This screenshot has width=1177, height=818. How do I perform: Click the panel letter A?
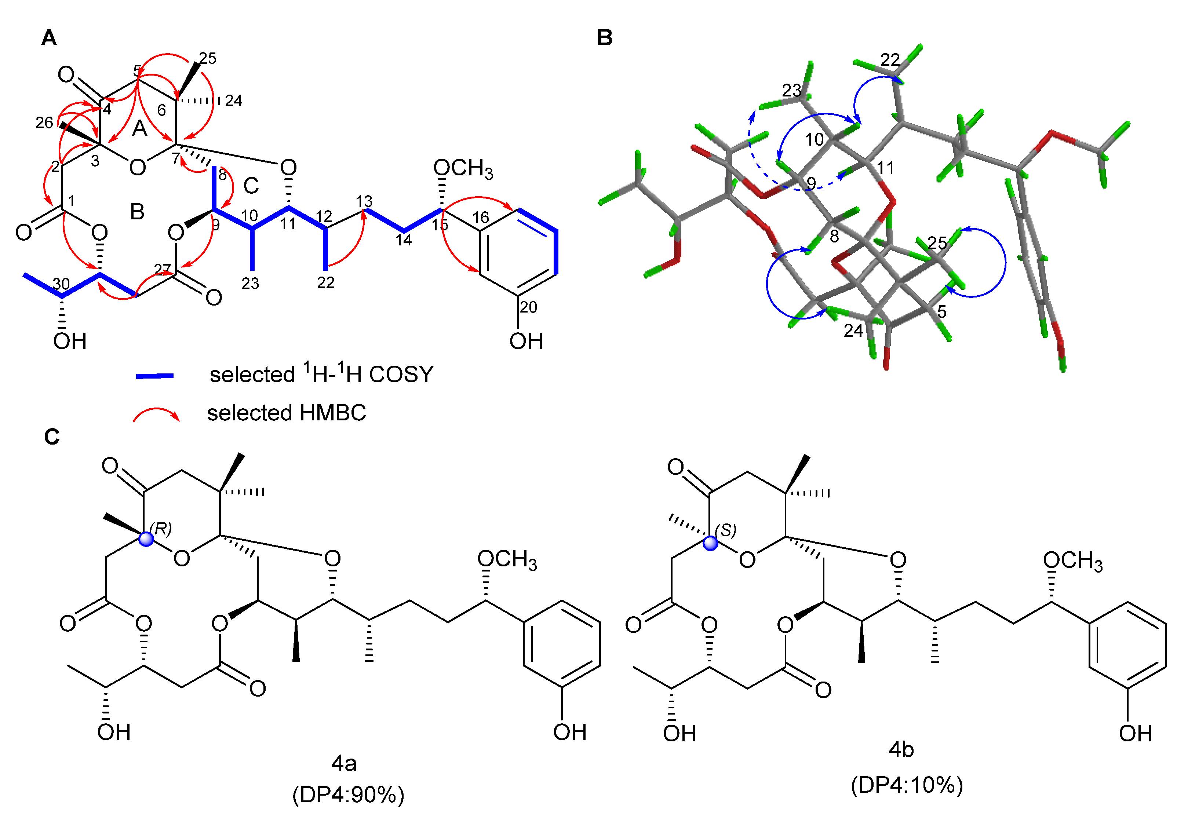49,38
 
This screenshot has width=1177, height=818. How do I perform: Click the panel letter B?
605,38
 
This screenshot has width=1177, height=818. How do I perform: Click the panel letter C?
52,437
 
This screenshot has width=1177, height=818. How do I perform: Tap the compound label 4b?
901,750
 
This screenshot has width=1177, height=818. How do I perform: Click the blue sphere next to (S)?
711,543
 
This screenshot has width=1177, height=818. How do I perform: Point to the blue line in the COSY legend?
155,376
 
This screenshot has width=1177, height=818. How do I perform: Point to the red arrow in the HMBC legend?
156,414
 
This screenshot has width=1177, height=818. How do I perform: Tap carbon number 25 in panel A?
208,58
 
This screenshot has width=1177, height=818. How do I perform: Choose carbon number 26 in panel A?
44,123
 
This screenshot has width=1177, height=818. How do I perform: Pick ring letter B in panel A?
137,212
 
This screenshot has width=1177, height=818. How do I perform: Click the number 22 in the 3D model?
890,60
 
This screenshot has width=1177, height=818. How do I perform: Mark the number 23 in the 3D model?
791,91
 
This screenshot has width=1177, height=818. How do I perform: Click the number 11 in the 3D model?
885,168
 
